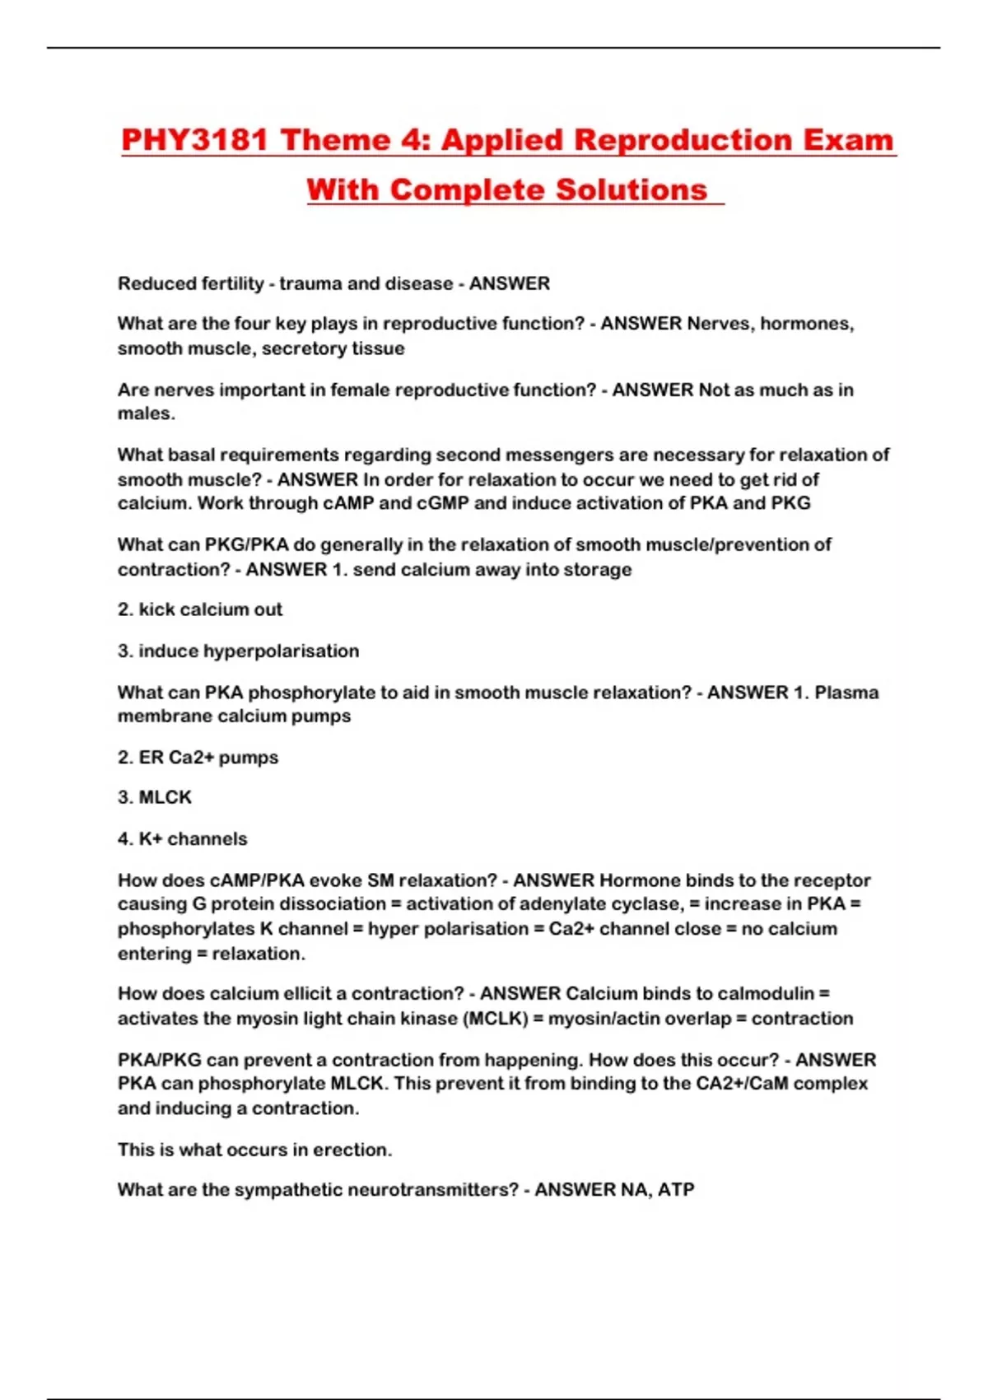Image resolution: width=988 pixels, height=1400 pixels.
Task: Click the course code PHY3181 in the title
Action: (x=194, y=140)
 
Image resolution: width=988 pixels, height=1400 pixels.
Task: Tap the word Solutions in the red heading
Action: (x=631, y=190)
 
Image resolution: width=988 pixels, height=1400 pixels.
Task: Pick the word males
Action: (x=146, y=413)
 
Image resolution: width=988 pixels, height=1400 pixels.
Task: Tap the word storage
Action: (x=597, y=569)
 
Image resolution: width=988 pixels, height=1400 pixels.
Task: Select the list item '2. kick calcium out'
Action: (x=200, y=609)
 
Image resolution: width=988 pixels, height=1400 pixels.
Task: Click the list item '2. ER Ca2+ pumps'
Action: (x=198, y=757)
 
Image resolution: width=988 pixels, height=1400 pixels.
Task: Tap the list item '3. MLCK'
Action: (x=155, y=797)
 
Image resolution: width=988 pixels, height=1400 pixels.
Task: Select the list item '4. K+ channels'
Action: (x=182, y=838)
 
